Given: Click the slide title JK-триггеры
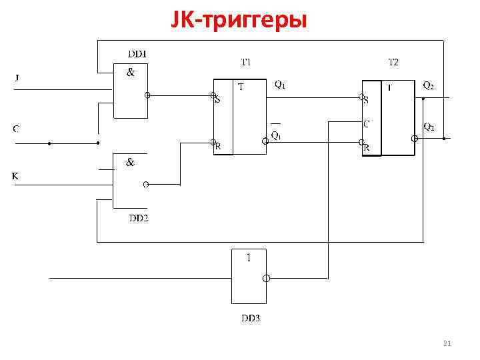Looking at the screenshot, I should tap(239, 21).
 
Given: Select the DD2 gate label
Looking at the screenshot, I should tap(139, 219).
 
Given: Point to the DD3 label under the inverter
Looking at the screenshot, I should tap(251, 318).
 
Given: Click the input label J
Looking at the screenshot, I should tap(17, 78).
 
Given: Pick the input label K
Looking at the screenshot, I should tap(15, 176).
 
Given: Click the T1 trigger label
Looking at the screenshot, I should tap(246, 62).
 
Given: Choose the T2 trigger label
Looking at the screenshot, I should tap(393, 62).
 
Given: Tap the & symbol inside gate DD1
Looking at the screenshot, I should tap(131, 73).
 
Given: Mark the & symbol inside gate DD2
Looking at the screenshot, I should tap(131, 161).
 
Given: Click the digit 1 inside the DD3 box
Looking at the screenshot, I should tap(249, 258).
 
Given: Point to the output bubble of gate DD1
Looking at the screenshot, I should tap(148, 95).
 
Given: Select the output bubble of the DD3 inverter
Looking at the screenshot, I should tap(265, 278).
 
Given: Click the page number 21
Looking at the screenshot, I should tap(447, 344).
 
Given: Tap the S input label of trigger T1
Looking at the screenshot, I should tap(217, 101).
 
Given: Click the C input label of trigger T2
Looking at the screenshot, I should tap(367, 123).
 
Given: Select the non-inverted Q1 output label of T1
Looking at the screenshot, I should tap(281, 85).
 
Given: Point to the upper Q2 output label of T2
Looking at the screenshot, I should tap(429, 85).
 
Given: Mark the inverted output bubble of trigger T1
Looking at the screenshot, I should tap(265, 141).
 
